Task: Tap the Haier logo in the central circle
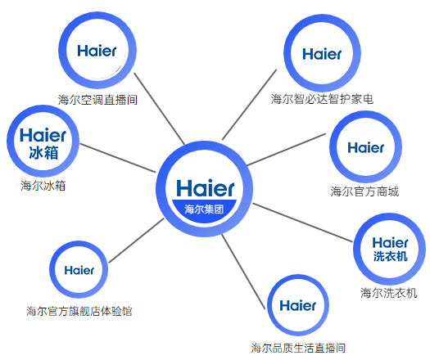(x=206, y=188)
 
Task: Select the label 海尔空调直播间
(x=97, y=100)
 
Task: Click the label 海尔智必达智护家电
(x=322, y=99)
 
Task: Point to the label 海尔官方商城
(x=364, y=191)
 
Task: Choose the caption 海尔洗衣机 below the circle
(x=388, y=293)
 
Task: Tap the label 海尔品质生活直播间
(x=298, y=348)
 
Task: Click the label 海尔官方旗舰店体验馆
(x=79, y=311)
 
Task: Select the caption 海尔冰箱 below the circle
(x=43, y=186)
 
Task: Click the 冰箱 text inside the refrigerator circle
(x=43, y=153)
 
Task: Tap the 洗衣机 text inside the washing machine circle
(x=390, y=256)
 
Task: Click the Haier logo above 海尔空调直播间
(x=97, y=51)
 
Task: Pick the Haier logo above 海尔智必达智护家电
(x=322, y=54)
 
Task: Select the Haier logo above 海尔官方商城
(x=365, y=147)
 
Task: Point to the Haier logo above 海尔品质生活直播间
(x=298, y=305)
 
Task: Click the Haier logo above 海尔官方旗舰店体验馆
(x=79, y=271)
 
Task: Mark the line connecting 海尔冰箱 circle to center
(x=118, y=158)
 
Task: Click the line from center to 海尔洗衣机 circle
(x=302, y=223)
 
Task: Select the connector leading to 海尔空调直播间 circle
(x=160, y=109)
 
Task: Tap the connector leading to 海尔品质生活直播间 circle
(x=243, y=272)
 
